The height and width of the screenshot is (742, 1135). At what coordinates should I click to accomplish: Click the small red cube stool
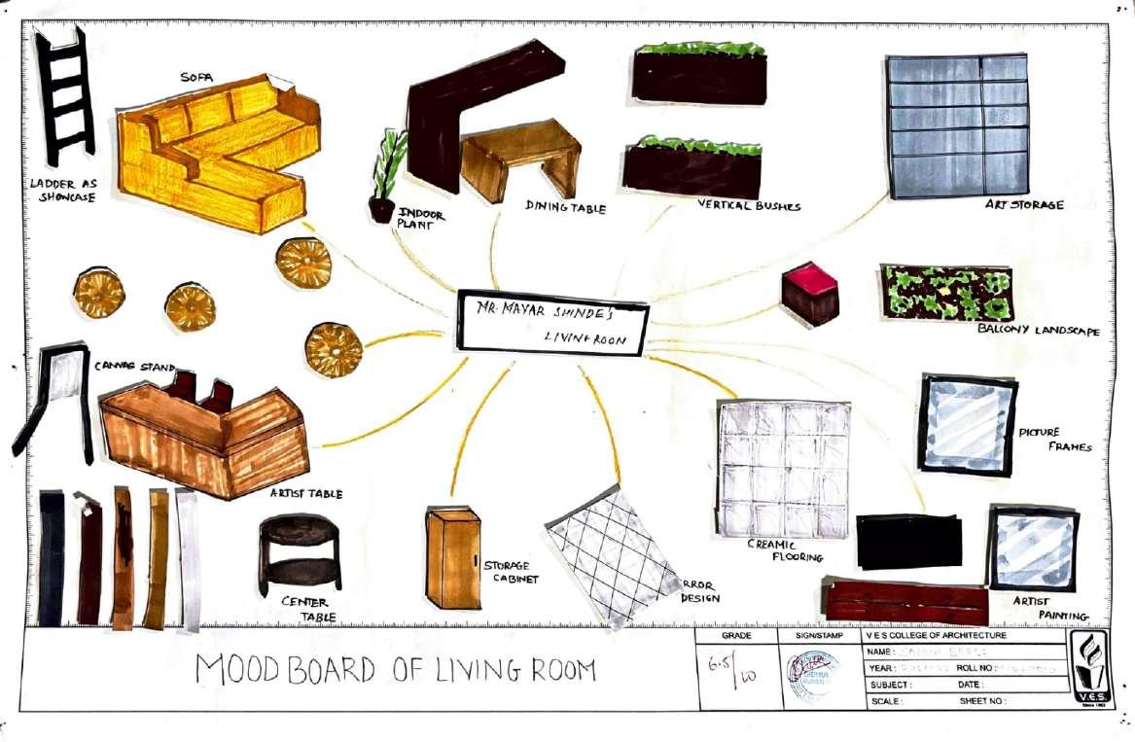pos(810,293)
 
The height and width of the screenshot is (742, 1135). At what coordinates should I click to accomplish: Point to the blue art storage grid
pos(956,125)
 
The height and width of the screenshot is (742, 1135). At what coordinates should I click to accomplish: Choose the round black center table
pos(300,553)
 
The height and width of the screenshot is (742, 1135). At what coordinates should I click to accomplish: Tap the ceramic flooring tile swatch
pos(783,468)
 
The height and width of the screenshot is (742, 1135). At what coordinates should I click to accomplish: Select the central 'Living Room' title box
pos(552,322)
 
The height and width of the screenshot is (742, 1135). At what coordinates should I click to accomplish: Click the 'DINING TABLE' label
pos(566,207)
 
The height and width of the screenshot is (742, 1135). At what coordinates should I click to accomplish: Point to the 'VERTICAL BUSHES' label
pos(749,205)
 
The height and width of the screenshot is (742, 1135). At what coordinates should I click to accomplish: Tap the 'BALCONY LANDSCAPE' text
pos(1039,331)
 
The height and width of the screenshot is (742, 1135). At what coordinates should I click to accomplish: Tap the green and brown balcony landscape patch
pos(945,292)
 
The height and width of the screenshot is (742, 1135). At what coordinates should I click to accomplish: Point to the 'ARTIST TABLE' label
pos(306,494)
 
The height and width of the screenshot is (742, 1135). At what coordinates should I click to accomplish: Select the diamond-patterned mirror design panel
pos(612,555)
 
